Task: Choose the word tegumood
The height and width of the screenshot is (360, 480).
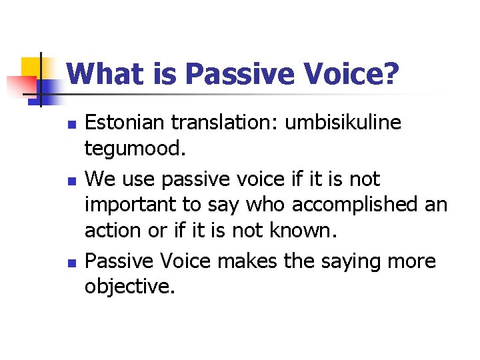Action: (133, 149)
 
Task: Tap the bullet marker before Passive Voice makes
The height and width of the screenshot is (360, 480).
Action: (73, 261)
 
